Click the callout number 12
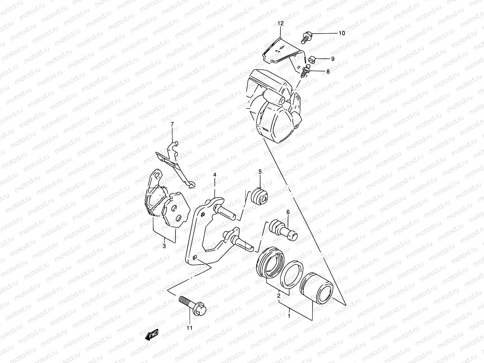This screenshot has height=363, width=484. (x=280, y=24)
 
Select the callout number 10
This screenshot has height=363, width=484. (x=342, y=33)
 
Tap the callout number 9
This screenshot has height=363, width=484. (x=333, y=59)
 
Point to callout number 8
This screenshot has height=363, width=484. (x=328, y=72)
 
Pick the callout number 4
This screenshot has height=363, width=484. (x=215, y=175)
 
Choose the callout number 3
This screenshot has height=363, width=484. (x=164, y=246)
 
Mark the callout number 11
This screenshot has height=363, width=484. (x=189, y=328)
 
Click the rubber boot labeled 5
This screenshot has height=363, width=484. (x=260, y=197)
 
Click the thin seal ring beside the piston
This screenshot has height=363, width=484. (x=292, y=274)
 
